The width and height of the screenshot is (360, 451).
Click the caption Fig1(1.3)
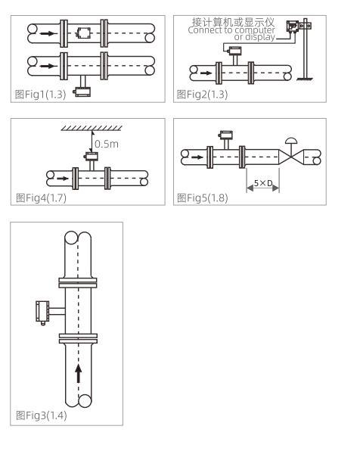[41, 94]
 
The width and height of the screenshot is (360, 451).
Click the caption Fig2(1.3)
[202, 94]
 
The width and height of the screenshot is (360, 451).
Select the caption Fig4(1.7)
[41, 198]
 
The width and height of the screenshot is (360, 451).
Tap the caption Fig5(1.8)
[203, 198]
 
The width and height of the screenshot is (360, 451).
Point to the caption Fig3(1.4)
[42, 415]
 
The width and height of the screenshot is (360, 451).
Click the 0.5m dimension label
[107, 144]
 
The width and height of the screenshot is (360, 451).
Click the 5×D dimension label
[263, 183]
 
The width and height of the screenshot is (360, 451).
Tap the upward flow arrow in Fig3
[78, 373]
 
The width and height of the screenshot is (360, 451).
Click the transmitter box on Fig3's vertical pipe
[42, 312]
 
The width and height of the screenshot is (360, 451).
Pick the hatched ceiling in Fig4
[92, 128]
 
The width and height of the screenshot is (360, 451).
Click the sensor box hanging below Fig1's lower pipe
[82, 92]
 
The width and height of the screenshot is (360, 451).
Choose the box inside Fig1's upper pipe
[84, 33]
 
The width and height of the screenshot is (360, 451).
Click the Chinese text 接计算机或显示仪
[233, 22]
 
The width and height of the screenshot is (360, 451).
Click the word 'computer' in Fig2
[255, 30]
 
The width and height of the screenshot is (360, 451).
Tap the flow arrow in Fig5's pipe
[197, 157]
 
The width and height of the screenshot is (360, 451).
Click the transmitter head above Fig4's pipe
[92, 156]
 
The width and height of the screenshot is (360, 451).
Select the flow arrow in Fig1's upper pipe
[48, 33]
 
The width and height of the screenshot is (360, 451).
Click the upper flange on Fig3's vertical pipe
[78, 283]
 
